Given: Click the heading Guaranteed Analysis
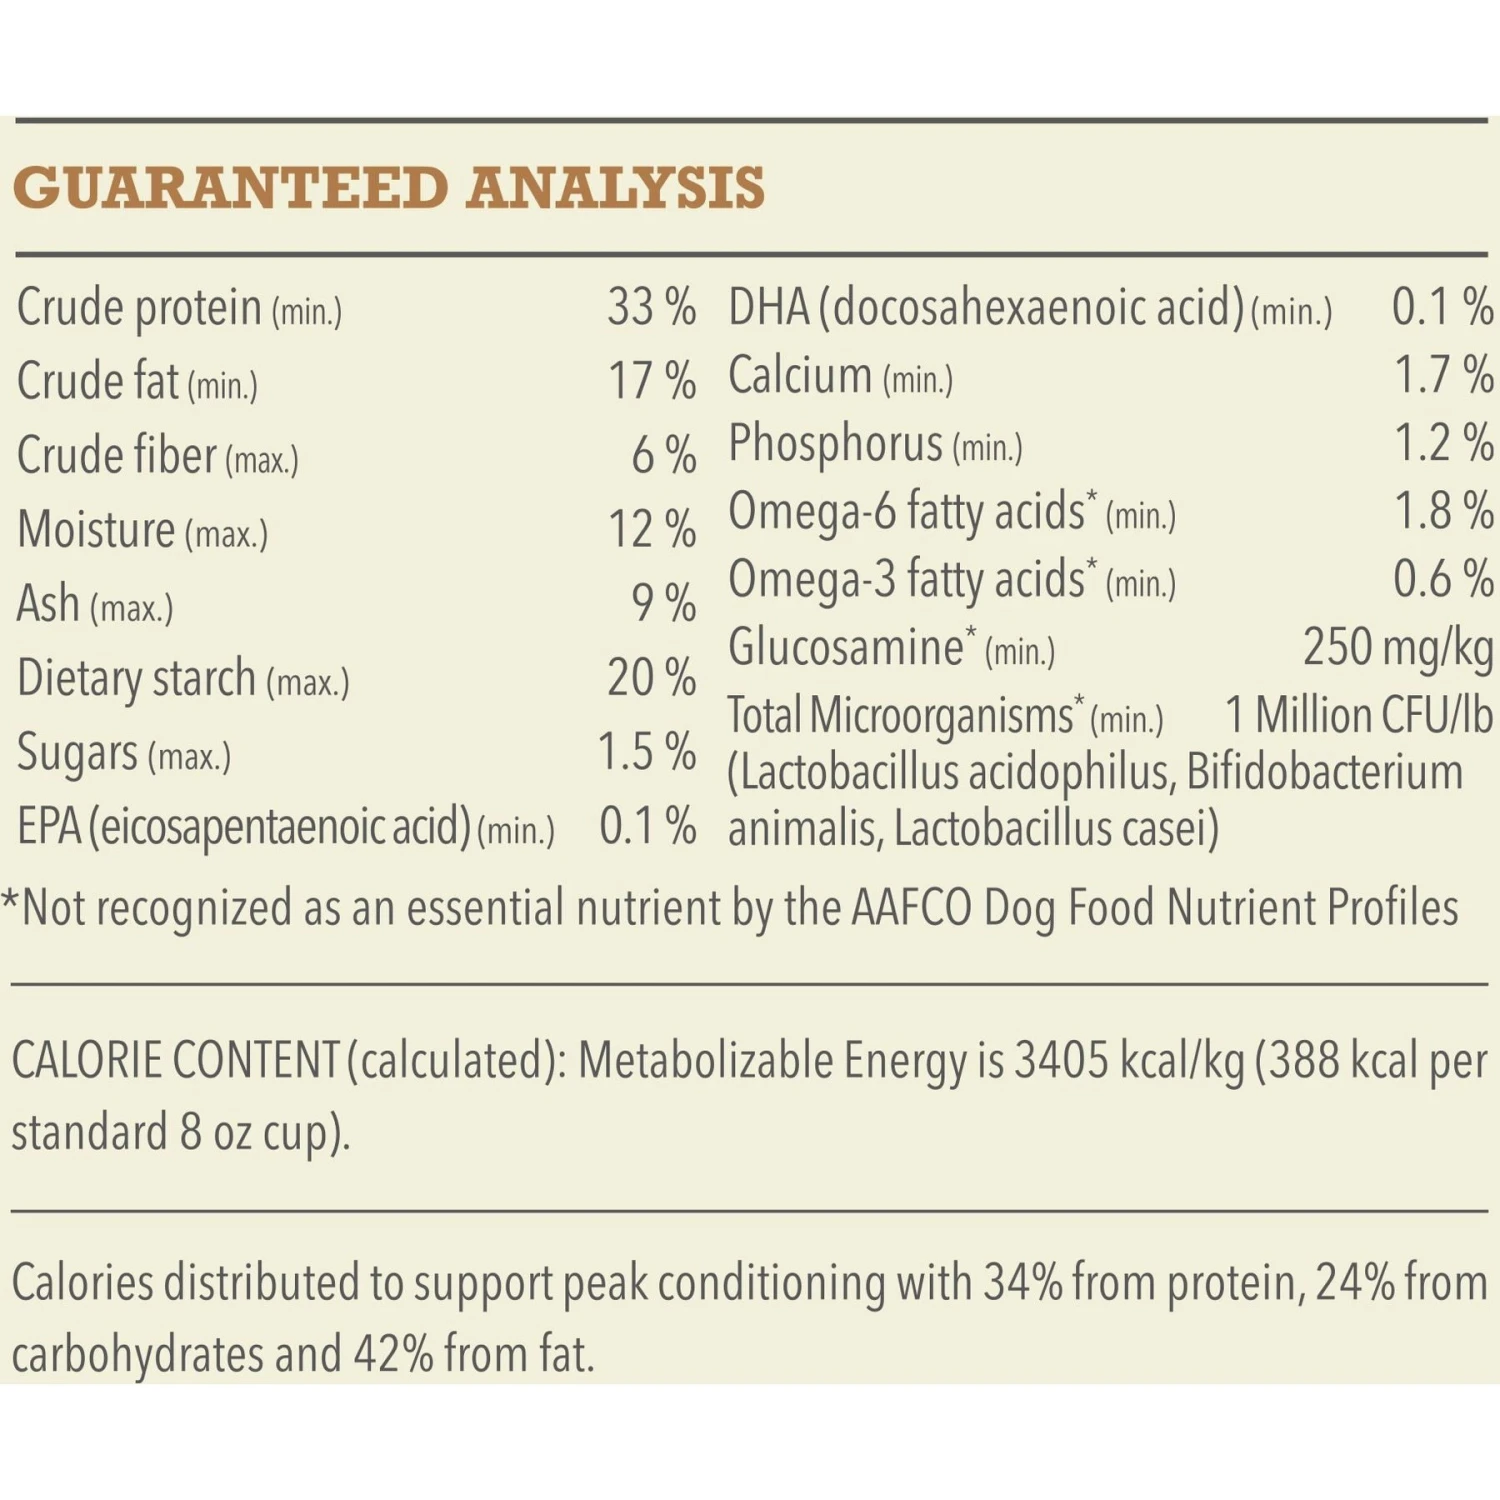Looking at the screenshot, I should click(x=389, y=188).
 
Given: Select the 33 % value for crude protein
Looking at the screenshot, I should click(x=651, y=307).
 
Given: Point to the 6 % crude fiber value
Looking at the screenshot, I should click(x=663, y=455).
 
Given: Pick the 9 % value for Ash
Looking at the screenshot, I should click(x=663, y=603).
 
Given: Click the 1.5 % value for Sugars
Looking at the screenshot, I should click(x=646, y=752).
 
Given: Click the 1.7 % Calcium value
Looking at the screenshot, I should click(x=1443, y=375).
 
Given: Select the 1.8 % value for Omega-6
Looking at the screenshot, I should click(x=1443, y=511).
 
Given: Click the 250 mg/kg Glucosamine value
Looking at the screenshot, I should click(x=1397, y=648).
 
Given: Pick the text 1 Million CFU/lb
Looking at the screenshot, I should click(x=1358, y=716).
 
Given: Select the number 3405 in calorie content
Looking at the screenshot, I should click(x=1061, y=1061).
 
